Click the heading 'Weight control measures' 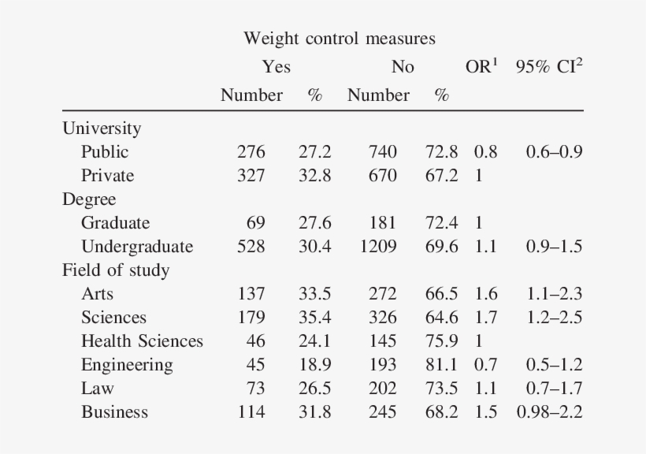pyautogui.click(x=339, y=38)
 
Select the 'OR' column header pyautogui.click(x=481, y=67)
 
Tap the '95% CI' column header pyautogui.click(x=549, y=67)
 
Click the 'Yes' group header pyautogui.click(x=277, y=67)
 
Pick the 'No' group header pyautogui.click(x=403, y=67)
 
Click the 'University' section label pyautogui.click(x=102, y=128)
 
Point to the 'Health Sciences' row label pyautogui.click(x=142, y=341)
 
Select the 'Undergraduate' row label pyautogui.click(x=137, y=247)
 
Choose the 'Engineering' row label pyautogui.click(x=127, y=365)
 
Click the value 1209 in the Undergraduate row pyautogui.click(x=379, y=247)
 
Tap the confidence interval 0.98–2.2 pyautogui.click(x=549, y=412)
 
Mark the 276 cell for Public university pyautogui.click(x=251, y=152)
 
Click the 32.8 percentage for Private pyautogui.click(x=314, y=176)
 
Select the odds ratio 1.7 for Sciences pyautogui.click(x=486, y=318)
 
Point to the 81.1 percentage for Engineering pyautogui.click(x=441, y=365)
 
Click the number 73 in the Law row pyautogui.click(x=256, y=389)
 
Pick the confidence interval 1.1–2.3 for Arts pyautogui.click(x=555, y=294)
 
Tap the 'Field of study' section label pyautogui.click(x=116, y=270)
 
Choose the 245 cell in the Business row pyautogui.click(x=383, y=412)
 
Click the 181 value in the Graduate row pyautogui.click(x=383, y=223)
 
